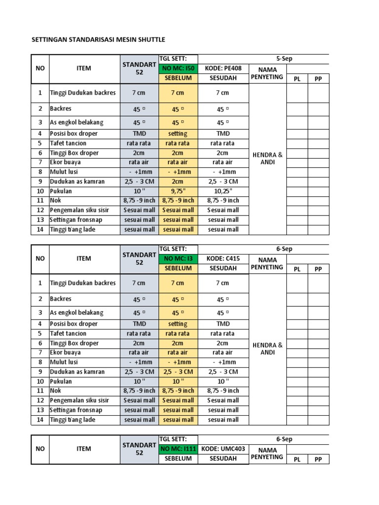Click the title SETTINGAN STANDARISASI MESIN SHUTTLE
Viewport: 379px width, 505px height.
pyautogui.click(x=98, y=39)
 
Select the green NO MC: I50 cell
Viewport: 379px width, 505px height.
pyautogui.click(x=178, y=69)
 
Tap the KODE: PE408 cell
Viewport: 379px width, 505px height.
pyautogui.click(x=223, y=69)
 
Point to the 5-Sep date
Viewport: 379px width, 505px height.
pyautogui.click(x=284, y=59)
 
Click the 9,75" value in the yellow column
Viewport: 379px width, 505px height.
pyautogui.click(x=178, y=191)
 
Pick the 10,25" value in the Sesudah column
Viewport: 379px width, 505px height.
pyautogui.click(x=223, y=191)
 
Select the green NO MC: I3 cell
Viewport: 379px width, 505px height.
pyautogui.click(x=178, y=259)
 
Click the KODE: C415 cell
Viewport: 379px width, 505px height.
pyautogui.click(x=223, y=259)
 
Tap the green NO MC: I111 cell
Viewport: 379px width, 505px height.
pyautogui.click(x=178, y=449)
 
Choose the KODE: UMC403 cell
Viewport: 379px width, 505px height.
pyautogui.click(x=223, y=449)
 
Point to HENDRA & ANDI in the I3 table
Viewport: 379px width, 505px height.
pyautogui.click(x=267, y=349)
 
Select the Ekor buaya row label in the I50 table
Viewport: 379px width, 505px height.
pyautogui.click(x=65, y=162)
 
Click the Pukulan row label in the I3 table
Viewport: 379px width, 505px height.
pyautogui.click(x=61, y=381)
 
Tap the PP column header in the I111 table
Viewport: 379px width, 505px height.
pyautogui.click(x=318, y=460)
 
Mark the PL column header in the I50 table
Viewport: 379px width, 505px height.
pyautogui.click(x=297, y=79)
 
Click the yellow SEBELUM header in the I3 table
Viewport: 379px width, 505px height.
pyautogui.click(x=178, y=269)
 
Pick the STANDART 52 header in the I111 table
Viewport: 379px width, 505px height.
pyautogui.click(x=139, y=449)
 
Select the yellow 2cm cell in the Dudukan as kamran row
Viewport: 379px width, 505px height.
pyautogui.click(x=178, y=181)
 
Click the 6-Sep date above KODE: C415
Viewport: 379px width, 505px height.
pyautogui.click(x=284, y=249)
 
